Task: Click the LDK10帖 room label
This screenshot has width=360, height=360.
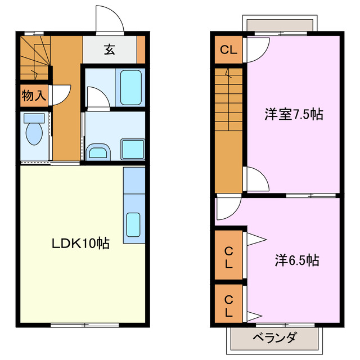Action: pos(80,244)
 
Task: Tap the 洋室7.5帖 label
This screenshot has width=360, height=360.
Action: pos(294,115)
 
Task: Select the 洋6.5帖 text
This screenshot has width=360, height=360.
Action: pos(297,260)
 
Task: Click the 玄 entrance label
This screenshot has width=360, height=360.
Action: pos(109,50)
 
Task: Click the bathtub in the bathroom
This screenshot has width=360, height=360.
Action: pos(130,87)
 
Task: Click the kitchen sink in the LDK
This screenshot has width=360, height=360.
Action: pos(134,224)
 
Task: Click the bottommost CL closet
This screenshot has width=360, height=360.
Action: pos(228,304)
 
